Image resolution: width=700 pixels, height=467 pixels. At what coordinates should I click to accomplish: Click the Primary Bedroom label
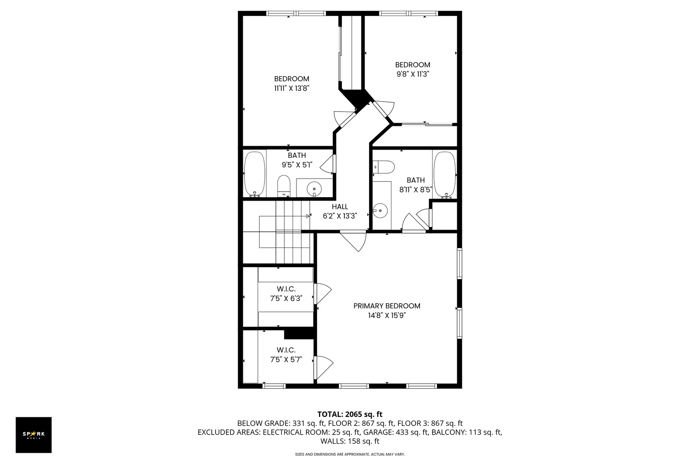387,306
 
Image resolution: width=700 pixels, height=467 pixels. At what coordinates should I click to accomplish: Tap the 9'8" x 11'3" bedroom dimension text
412,74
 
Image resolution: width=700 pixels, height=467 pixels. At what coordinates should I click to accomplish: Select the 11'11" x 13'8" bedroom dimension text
292,88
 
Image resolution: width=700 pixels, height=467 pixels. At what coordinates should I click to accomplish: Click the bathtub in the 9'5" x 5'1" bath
255,174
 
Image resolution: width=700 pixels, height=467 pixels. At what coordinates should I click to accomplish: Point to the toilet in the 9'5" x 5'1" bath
284,186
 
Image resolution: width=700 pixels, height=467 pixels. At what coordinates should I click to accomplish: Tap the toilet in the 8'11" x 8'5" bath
384,167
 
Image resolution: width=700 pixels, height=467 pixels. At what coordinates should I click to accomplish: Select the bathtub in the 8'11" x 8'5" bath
445,174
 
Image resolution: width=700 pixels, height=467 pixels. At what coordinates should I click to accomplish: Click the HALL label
340,207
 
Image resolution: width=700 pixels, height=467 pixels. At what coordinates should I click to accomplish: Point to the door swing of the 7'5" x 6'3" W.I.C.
323,294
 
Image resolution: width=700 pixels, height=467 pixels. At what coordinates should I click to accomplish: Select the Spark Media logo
34,435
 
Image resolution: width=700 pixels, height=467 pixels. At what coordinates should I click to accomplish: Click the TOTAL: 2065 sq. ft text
350,414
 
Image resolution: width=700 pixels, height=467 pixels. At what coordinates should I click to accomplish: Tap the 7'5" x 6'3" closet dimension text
286,298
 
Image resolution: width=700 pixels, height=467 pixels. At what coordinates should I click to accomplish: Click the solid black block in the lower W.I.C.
299,333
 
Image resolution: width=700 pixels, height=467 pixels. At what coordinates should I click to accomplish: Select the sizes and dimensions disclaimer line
350,454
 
